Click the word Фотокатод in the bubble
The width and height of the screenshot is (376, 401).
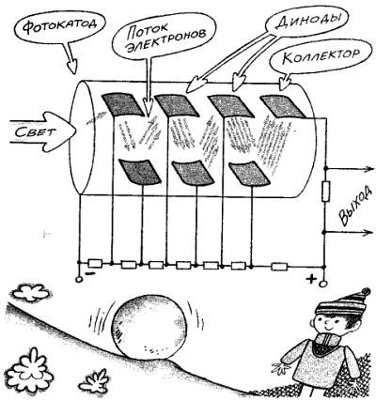coord(59,26)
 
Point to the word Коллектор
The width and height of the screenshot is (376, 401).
coord(320,56)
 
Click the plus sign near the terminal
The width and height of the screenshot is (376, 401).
coord(311,278)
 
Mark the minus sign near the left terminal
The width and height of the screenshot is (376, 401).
coord(90,273)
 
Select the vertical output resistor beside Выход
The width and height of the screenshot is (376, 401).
coord(326,192)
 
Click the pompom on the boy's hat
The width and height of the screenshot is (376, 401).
coord(365,293)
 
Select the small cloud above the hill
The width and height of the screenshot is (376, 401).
coord(31,293)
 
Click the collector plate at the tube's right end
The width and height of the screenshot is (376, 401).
coord(282,106)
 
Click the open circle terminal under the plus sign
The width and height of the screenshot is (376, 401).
coord(322,284)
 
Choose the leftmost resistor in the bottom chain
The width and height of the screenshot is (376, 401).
coord(95,263)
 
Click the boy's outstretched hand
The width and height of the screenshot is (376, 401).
coord(280,368)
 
